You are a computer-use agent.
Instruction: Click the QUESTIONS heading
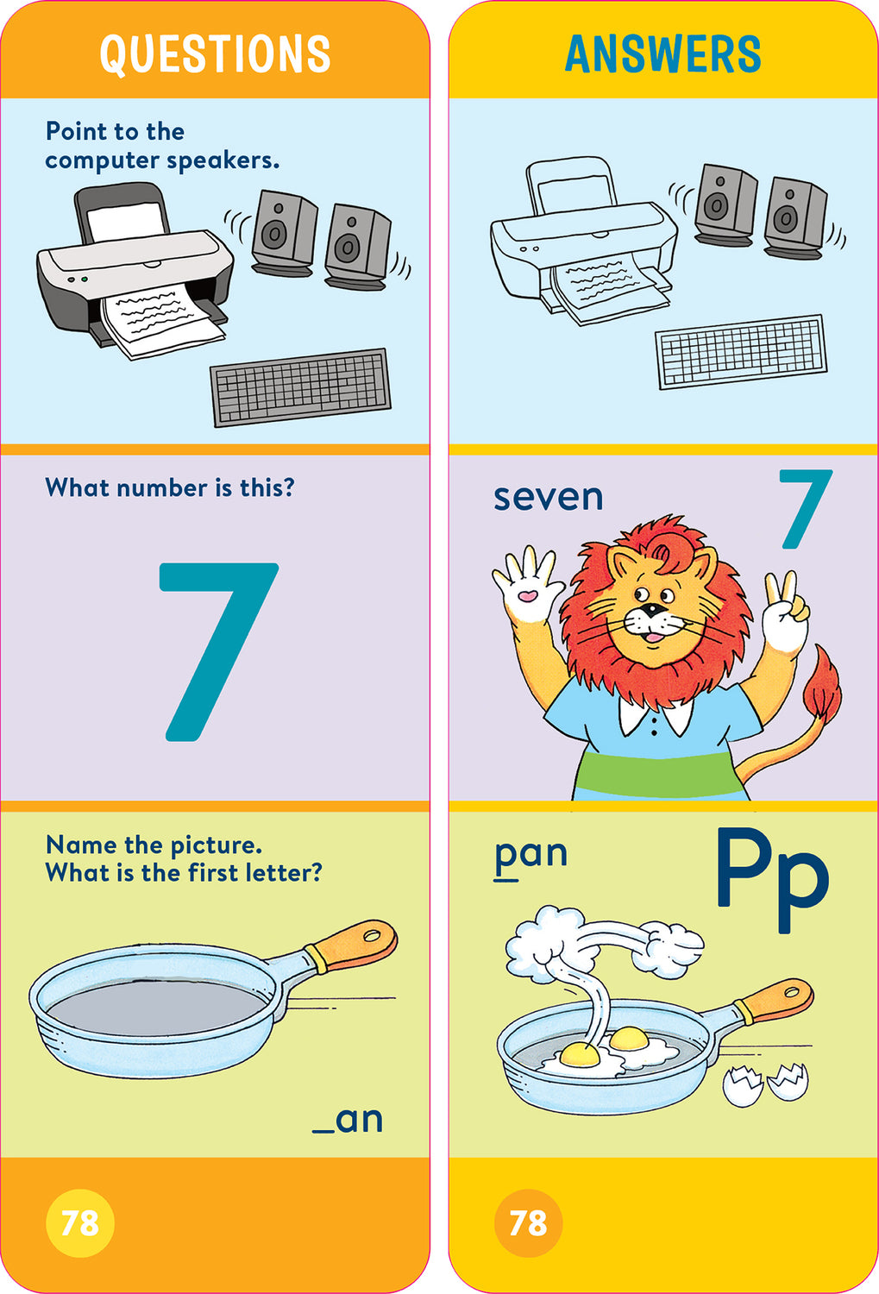coord(215,53)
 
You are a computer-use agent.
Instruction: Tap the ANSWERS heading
coord(662,53)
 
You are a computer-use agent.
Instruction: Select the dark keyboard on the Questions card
coord(300,387)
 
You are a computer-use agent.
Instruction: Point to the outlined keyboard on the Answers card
coord(741,351)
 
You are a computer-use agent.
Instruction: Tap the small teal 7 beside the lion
coord(805,509)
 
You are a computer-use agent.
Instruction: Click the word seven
coord(548,498)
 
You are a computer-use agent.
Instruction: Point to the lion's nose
coord(654,610)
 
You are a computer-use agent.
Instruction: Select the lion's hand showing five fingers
coord(526,585)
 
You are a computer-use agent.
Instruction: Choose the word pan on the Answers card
coord(531,854)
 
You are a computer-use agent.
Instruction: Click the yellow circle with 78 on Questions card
coord(79,1222)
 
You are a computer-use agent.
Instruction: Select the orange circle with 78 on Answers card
coord(528,1222)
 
